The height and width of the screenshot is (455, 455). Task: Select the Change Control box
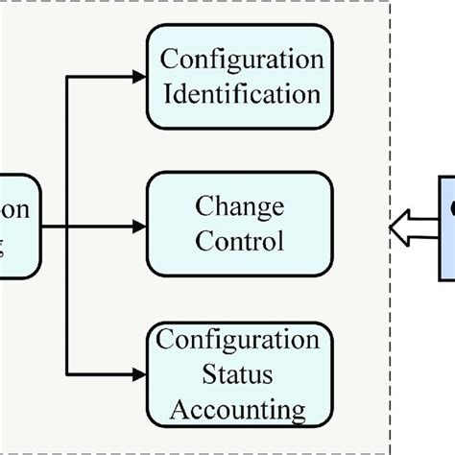pyautogui.click(x=240, y=224)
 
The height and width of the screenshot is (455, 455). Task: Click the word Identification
pyautogui.click(x=240, y=94)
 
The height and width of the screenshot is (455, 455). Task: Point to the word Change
pyautogui.click(x=240, y=206)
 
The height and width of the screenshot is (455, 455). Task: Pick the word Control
pyautogui.click(x=240, y=240)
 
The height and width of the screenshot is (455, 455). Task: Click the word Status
pyautogui.click(x=240, y=374)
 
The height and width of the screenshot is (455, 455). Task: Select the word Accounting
pyautogui.click(x=240, y=410)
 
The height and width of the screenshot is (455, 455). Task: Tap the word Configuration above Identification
pyautogui.click(x=240, y=60)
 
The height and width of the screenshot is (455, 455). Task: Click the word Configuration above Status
pyautogui.click(x=240, y=340)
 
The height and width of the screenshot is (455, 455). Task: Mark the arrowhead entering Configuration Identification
pyautogui.click(x=136, y=76)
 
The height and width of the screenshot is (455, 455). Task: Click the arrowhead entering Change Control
pyautogui.click(x=136, y=227)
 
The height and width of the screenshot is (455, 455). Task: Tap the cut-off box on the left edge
pyautogui.click(x=19, y=226)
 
